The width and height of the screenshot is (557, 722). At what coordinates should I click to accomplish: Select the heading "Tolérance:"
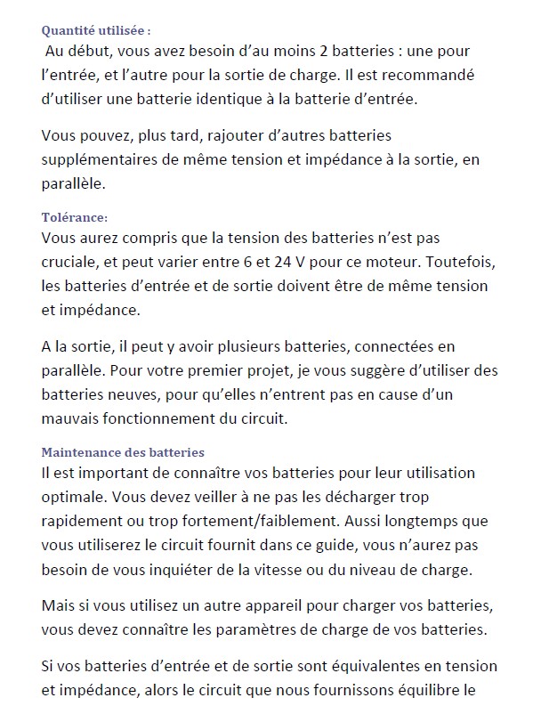[75, 217]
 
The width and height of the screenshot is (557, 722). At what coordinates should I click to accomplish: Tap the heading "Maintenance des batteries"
[123, 452]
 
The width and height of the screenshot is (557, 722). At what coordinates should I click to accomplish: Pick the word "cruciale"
[70, 263]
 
